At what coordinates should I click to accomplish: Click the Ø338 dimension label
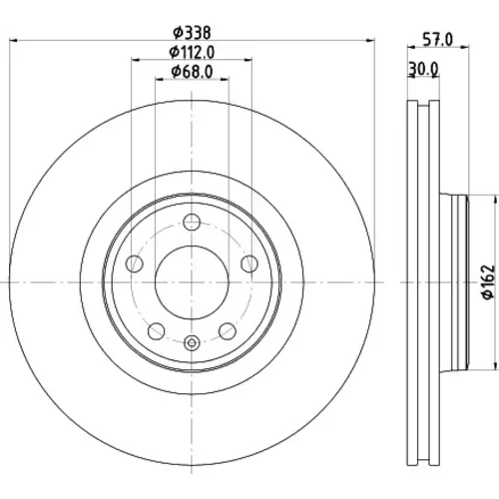point(192,33)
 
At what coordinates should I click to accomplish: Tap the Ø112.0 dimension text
point(192,52)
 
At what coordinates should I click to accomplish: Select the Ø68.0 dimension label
point(192,72)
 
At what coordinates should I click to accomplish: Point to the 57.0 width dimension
point(438,40)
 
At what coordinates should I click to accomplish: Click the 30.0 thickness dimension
point(424,69)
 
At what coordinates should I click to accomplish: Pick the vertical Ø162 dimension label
point(489,282)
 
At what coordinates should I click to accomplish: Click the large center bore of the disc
point(192,282)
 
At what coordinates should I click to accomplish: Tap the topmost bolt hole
point(192,222)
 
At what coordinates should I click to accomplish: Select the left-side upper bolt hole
point(134,263)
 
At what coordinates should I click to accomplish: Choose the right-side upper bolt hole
point(249,263)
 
